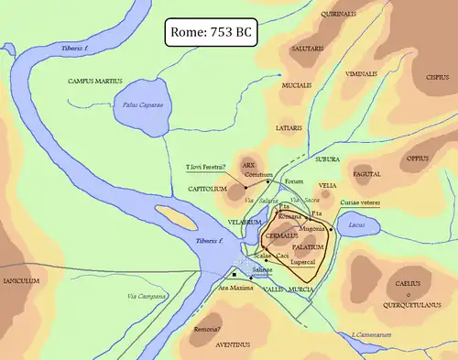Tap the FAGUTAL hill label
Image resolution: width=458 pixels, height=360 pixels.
366,172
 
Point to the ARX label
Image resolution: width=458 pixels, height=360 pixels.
247,166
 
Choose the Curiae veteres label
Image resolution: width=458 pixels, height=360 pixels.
360,202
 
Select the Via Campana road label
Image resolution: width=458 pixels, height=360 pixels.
147,295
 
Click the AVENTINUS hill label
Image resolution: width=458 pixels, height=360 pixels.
229,345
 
